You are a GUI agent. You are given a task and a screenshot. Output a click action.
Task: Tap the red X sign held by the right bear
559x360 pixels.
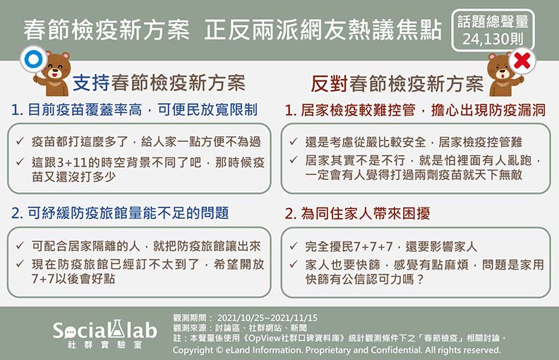point(523,61)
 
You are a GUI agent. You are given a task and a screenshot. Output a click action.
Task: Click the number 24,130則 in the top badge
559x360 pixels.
point(491,40)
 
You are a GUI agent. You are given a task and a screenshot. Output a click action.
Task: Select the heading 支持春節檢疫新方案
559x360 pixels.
point(160,83)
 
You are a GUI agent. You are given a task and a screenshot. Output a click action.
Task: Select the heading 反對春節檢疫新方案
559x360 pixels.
point(397,83)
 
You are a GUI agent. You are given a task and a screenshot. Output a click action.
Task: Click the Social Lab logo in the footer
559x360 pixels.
point(104,332)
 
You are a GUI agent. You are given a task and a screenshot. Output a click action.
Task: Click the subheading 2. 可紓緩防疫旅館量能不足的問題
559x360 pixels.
point(120,213)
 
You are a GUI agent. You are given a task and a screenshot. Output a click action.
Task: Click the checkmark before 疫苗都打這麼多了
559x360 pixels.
point(20,142)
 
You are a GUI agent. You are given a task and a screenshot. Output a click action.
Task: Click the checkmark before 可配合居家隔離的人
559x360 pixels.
point(20,246)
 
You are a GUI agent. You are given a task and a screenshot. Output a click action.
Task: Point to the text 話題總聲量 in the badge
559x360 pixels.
point(492,22)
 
